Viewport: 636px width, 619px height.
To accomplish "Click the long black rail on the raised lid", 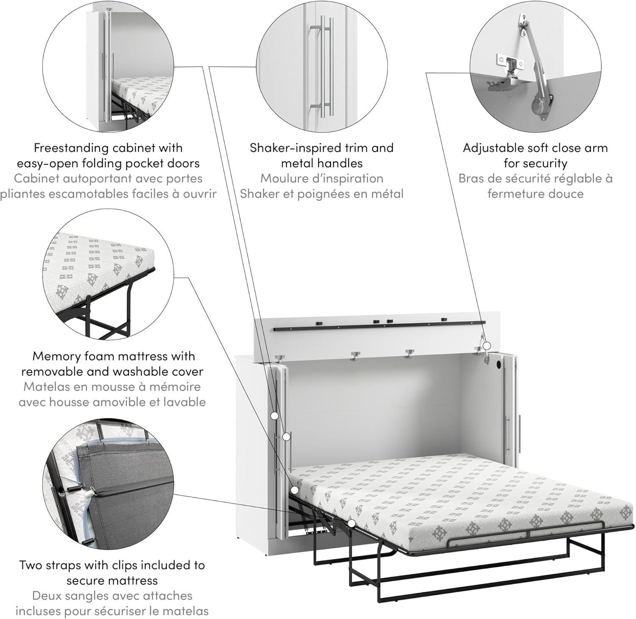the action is click(379, 326).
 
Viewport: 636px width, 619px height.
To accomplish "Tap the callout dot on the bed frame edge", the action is click(351, 523).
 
